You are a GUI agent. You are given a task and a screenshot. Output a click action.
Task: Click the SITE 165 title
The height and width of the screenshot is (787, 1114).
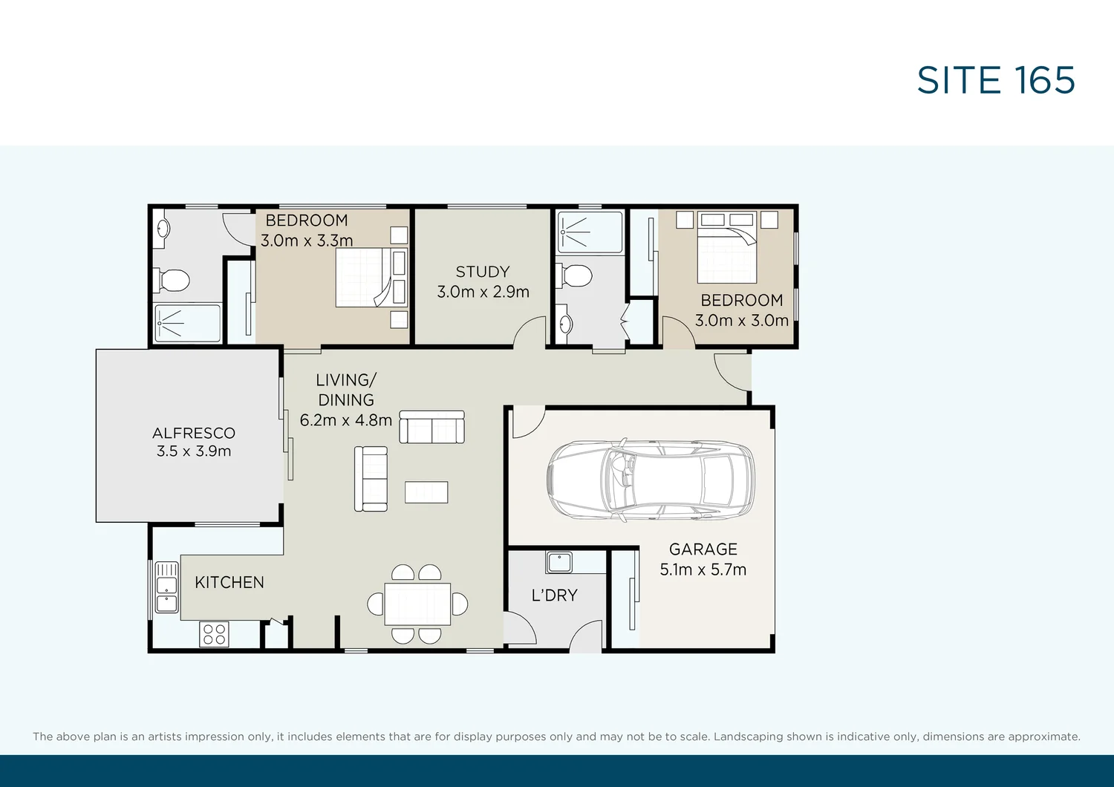pos(996,80)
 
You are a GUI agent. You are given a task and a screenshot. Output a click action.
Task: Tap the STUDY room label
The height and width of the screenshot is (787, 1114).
pos(483,272)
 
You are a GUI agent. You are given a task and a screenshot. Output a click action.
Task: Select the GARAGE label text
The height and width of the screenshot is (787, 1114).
pos(703,549)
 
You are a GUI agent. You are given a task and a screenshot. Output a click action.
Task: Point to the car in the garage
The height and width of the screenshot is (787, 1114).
pos(651,480)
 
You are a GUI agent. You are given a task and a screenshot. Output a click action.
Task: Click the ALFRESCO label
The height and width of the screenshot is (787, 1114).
pos(193,433)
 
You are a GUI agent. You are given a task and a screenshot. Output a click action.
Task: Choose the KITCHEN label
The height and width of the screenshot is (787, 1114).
pos(229,582)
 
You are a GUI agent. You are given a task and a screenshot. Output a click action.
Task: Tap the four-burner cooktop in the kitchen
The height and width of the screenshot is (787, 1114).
pos(215,634)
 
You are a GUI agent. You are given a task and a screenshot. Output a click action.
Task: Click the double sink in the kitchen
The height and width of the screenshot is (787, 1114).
pos(166,587)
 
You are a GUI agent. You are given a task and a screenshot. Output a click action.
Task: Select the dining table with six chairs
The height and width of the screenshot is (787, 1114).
pos(417,604)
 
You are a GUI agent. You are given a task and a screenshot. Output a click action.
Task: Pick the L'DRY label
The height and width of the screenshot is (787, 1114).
pos(555,595)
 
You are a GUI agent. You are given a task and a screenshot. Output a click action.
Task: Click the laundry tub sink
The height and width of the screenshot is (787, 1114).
pos(559,562)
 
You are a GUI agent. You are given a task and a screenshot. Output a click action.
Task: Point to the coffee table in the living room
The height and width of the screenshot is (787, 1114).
pos(426,492)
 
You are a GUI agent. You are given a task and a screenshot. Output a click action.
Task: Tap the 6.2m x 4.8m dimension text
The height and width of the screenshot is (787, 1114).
pos(345,420)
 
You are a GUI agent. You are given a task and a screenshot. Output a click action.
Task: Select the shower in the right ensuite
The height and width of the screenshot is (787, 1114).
pos(590,232)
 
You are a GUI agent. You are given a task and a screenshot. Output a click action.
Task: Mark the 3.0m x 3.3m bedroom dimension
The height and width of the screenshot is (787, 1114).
pos(307,241)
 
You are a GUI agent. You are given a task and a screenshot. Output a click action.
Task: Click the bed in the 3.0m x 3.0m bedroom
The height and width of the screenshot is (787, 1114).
pos(727,247)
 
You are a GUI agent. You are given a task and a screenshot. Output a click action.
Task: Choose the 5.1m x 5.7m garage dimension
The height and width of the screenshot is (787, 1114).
pos(703,569)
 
